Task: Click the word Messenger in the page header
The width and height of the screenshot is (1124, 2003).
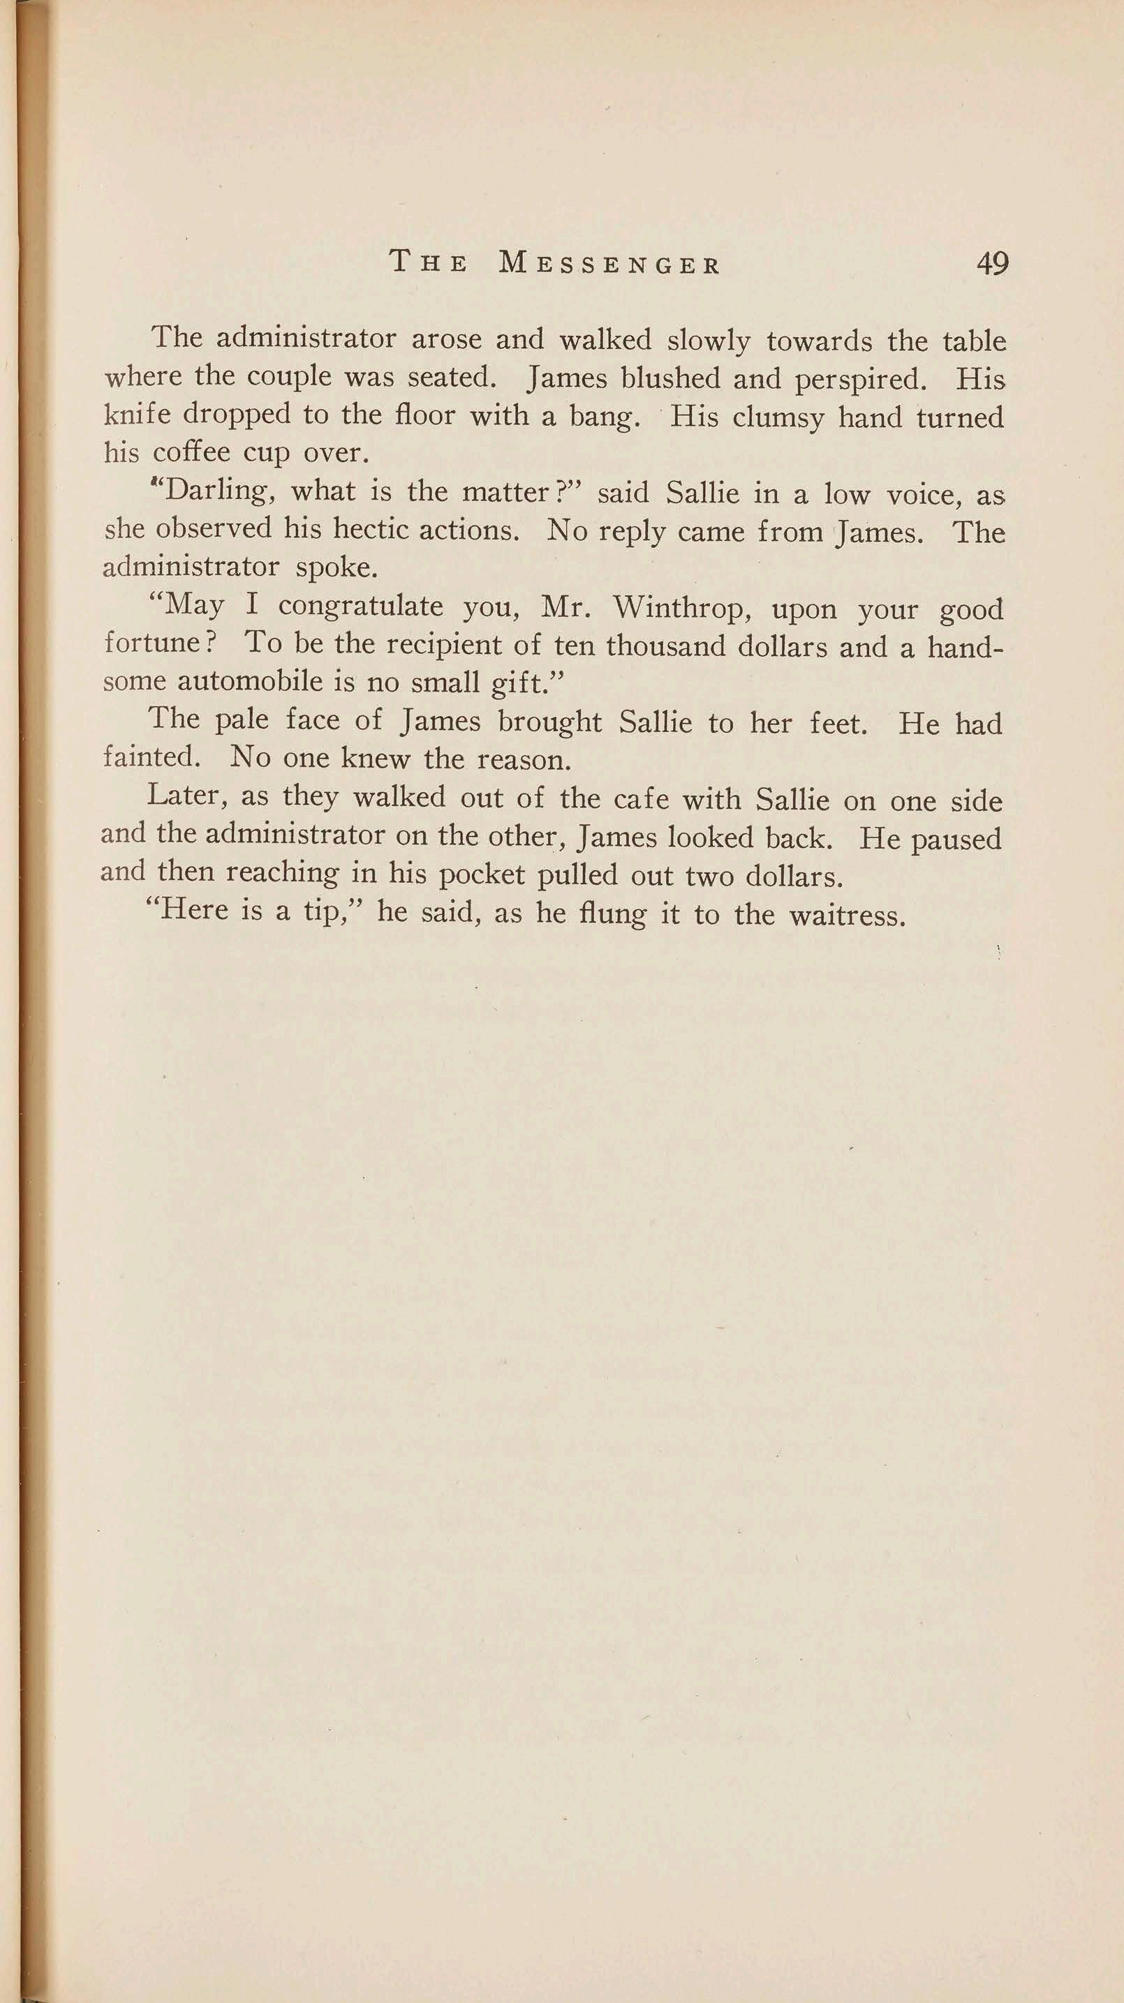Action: click(x=610, y=265)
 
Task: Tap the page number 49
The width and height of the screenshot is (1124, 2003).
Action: click(x=992, y=264)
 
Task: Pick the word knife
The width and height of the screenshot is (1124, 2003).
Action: click(x=137, y=415)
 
